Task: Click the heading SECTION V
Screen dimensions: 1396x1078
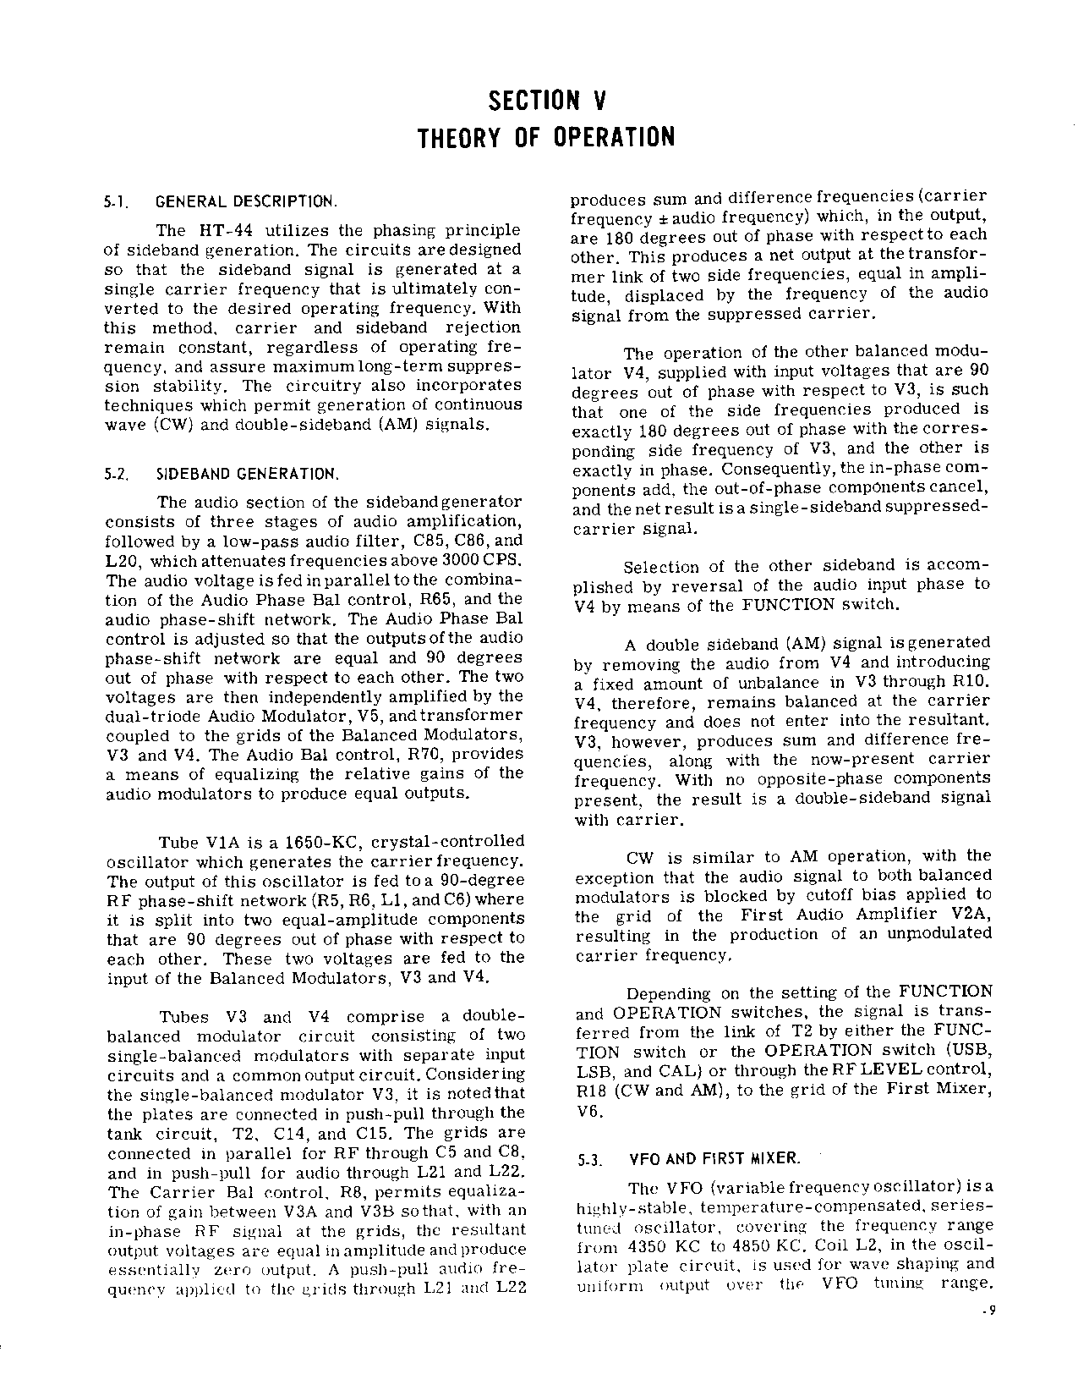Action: point(547,102)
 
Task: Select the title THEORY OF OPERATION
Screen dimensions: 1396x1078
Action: point(547,137)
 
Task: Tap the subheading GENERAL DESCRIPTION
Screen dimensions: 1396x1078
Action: point(247,203)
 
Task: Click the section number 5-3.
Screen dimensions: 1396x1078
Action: point(589,1160)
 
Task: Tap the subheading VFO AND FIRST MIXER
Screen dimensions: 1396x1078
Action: point(715,1158)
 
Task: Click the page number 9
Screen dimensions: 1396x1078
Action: point(988,1312)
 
